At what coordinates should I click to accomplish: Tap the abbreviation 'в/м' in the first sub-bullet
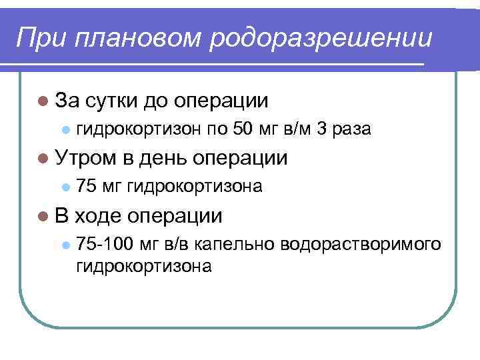pyautogui.click(x=296, y=129)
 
